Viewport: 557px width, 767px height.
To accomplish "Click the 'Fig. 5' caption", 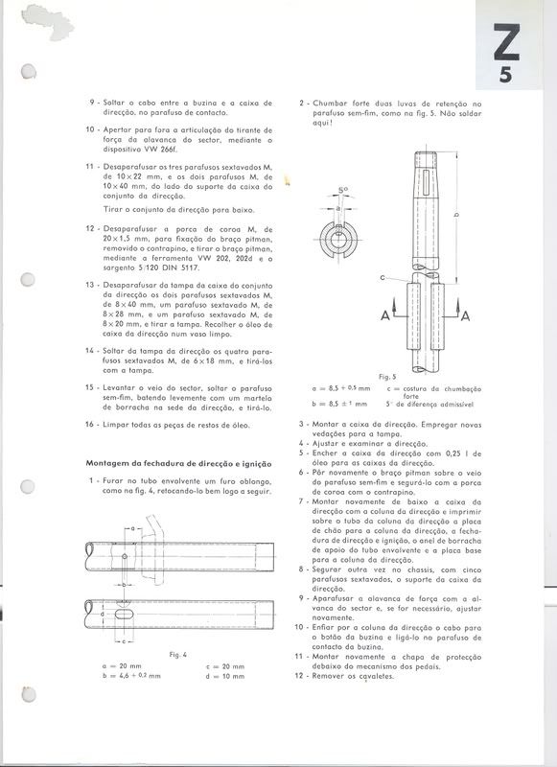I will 386,376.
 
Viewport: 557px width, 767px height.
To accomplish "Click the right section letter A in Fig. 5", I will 464,315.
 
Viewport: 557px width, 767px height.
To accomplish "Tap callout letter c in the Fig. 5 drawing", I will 383,277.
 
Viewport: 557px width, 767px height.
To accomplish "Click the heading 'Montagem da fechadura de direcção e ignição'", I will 173,463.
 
